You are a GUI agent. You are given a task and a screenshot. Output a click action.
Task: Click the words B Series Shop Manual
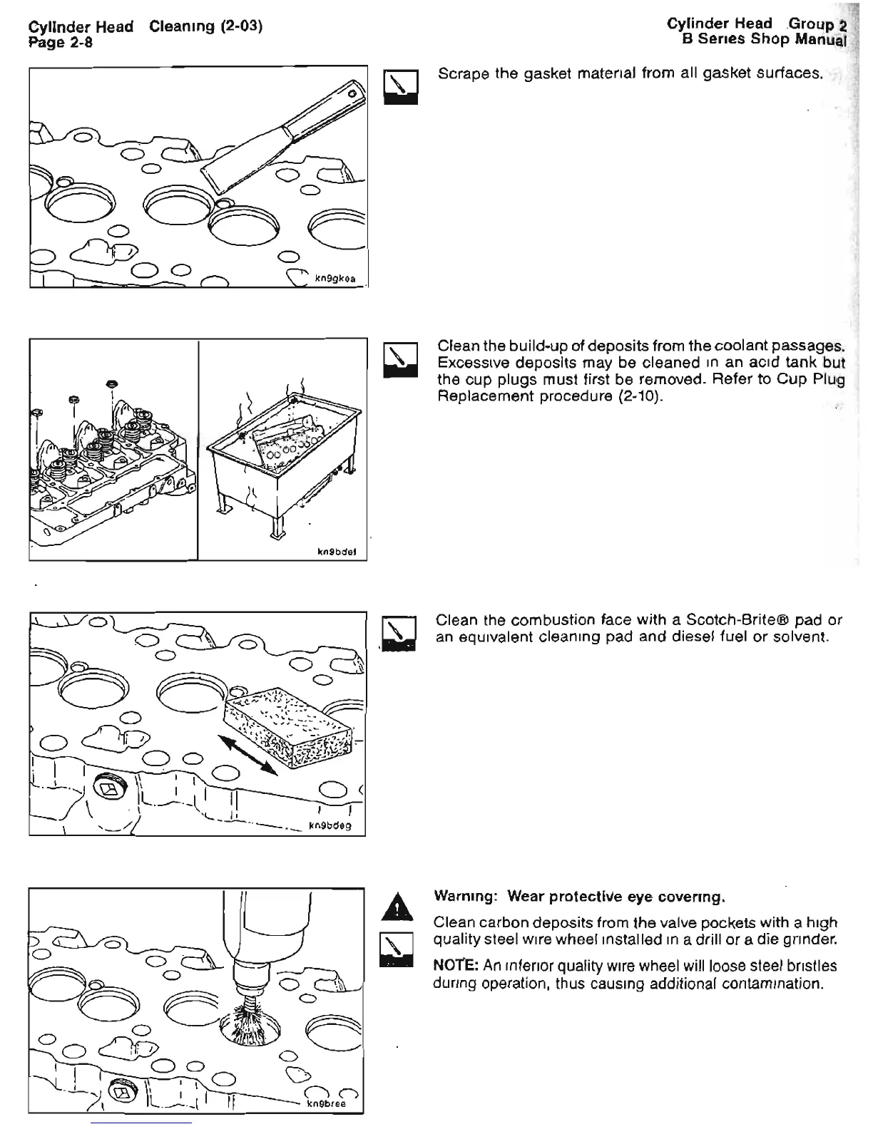coord(763,39)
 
